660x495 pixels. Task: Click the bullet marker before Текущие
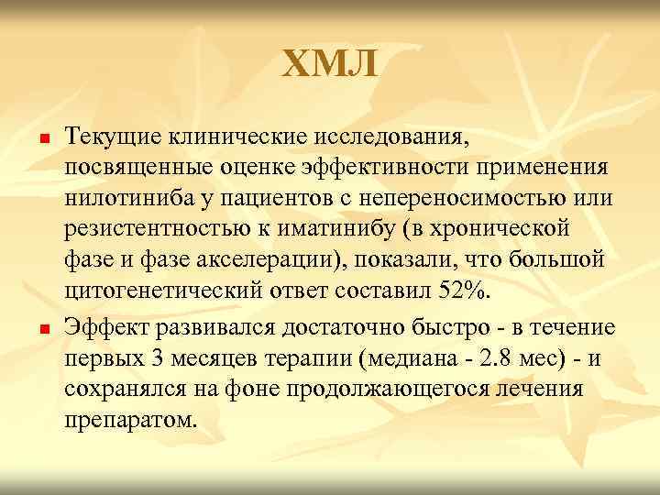[42, 137]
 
